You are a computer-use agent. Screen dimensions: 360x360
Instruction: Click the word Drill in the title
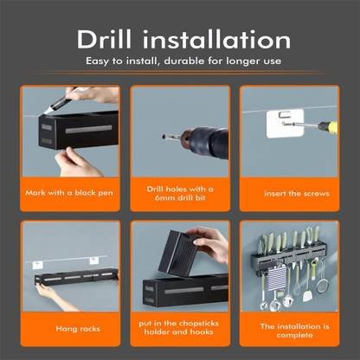point(104,39)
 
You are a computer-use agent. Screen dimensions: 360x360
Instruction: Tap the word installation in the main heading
point(216,39)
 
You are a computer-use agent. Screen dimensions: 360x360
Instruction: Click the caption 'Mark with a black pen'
point(69,193)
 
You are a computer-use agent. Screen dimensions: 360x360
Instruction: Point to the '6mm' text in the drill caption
point(164,198)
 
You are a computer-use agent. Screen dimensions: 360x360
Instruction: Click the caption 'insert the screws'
point(297,193)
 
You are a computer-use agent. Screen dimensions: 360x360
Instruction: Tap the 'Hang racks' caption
point(78,329)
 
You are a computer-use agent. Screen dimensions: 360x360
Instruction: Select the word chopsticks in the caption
point(198,324)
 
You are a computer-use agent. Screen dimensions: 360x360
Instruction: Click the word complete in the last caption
point(294,335)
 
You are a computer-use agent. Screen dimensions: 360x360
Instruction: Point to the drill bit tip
point(164,137)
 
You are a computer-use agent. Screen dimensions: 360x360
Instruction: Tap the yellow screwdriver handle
point(328,126)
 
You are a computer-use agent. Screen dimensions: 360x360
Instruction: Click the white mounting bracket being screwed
point(285,123)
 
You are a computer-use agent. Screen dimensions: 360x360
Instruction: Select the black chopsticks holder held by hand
point(180,254)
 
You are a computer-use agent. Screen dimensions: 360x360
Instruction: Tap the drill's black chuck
point(209,142)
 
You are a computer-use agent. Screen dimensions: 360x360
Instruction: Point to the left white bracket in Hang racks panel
point(37,265)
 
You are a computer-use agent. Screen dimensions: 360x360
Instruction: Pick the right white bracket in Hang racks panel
point(94,260)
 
